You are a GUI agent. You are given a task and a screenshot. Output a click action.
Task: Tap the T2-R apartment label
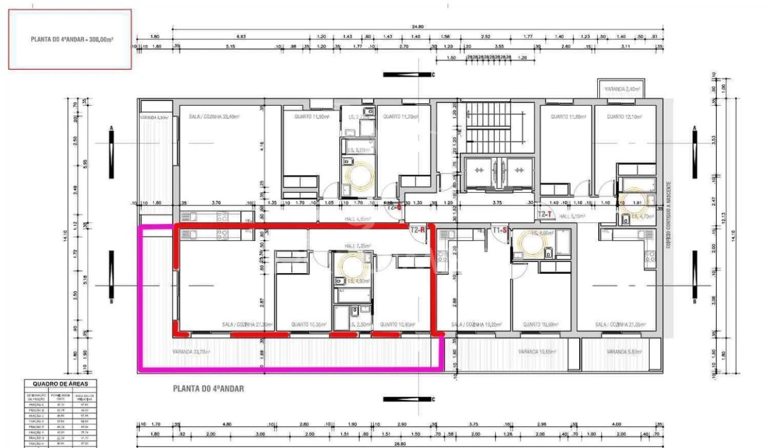coord(418,230)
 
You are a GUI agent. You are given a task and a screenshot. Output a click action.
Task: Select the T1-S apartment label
coord(499,230)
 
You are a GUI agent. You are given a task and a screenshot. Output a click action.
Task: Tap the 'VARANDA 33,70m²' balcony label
coord(191,352)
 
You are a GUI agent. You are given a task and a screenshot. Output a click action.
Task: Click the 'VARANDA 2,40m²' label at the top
coord(623,90)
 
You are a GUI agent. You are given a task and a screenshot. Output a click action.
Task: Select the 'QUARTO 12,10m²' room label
coord(625,116)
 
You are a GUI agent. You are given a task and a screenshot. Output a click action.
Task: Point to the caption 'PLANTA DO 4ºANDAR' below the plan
coord(208,389)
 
